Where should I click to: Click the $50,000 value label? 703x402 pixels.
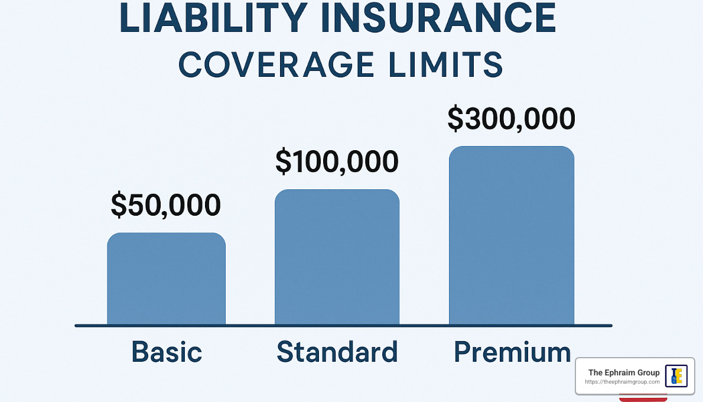click(x=166, y=205)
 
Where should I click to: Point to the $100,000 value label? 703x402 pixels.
click(x=337, y=161)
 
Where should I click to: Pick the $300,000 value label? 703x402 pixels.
click(x=511, y=118)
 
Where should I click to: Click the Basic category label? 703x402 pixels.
click(x=167, y=352)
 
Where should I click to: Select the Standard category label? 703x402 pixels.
click(x=337, y=352)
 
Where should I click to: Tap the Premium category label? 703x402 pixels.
click(x=512, y=353)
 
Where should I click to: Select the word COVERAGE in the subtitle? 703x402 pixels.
click(x=276, y=64)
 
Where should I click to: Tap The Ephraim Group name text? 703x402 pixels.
click(x=624, y=372)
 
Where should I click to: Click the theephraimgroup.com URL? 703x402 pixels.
click(x=622, y=382)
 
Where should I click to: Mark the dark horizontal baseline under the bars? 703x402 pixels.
click(x=343, y=325)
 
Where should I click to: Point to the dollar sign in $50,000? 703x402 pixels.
click(x=119, y=205)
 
